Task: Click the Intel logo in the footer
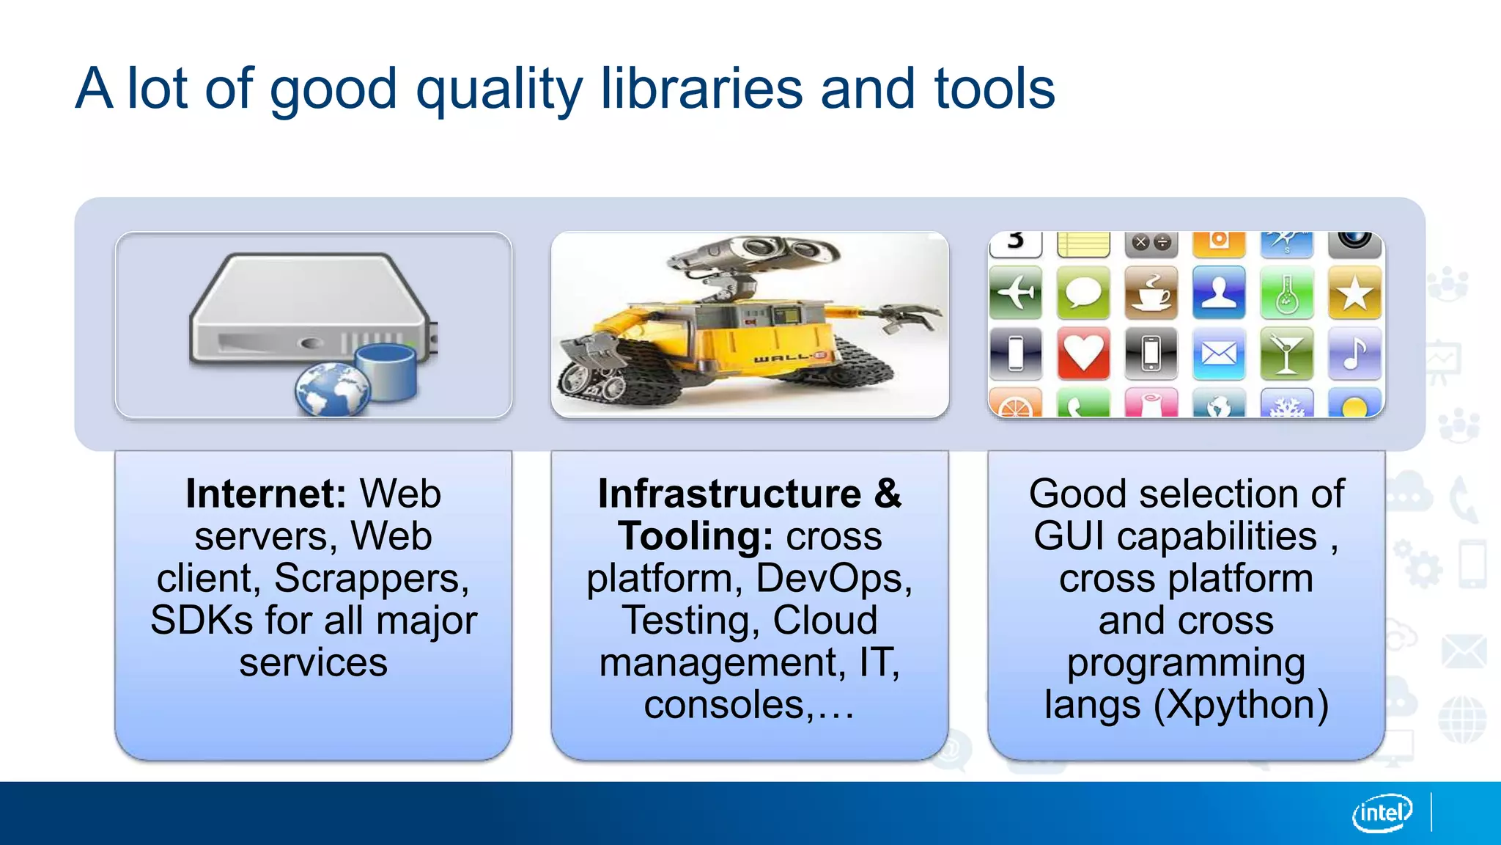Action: (1382, 813)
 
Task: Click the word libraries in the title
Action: (701, 89)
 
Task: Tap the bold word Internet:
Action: (265, 494)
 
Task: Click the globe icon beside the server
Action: (333, 389)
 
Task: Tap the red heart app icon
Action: (1083, 354)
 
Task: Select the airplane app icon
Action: (1015, 293)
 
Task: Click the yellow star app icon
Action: (1354, 293)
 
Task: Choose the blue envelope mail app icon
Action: (1218, 354)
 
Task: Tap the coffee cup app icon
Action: (1151, 293)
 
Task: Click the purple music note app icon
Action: (1354, 354)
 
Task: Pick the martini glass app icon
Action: (1286, 354)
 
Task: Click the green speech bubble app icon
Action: (1083, 293)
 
